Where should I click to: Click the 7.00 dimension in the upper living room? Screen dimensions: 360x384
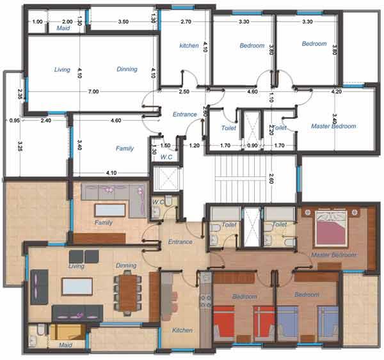pyautogui.click(x=93, y=92)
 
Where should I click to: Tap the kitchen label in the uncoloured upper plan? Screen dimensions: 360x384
pyautogui.click(x=189, y=45)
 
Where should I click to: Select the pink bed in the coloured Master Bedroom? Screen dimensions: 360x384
pyautogui.click(x=334, y=230)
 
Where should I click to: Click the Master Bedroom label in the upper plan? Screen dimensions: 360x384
pyautogui.click(x=333, y=127)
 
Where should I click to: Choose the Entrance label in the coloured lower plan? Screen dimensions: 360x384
pyautogui.click(x=180, y=242)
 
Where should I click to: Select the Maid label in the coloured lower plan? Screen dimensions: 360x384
pyautogui.click(x=65, y=345)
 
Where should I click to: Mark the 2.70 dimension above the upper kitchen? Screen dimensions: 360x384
pyautogui.click(x=186, y=22)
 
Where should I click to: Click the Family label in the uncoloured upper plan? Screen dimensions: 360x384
pyautogui.click(x=125, y=148)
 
